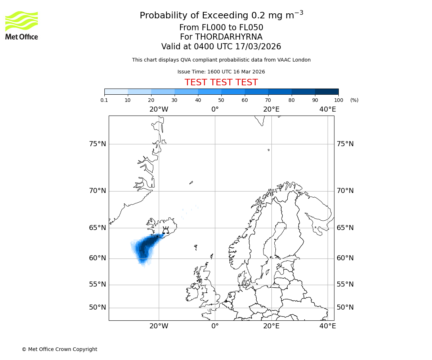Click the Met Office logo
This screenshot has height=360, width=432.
coord(22,25)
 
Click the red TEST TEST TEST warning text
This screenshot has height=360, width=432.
coord(221,82)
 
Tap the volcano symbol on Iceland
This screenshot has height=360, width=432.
coord(166,230)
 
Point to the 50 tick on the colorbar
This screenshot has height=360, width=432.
coord(221,100)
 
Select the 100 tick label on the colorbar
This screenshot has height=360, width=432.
coord(338,100)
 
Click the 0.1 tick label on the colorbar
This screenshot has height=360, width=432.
coord(104,100)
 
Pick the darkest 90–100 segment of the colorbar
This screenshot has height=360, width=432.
coord(327,91)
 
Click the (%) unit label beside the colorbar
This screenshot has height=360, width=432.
coord(354,100)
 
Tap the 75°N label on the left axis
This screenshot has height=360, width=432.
coord(98,144)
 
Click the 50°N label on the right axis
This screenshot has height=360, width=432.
coord(345,307)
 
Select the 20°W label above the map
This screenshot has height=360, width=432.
coord(159,109)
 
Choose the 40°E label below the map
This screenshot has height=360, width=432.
coord(328,326)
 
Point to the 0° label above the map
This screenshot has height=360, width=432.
coord(215,109)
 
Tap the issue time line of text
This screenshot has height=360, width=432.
coord(221,72)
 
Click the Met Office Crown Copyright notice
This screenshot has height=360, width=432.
coord(59,349)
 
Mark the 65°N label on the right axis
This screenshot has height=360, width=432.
coord(345,228)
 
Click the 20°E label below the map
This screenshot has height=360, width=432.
coord(271,326)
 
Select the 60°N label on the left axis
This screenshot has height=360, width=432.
coord(98,258)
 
